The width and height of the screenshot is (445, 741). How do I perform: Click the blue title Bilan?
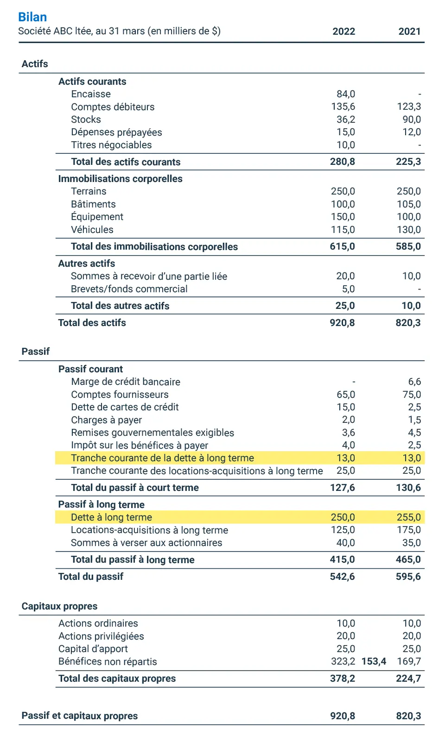pyautogui.click(x=32, y=17)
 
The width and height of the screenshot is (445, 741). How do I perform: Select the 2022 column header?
pyautogui.click(x=343, y=31)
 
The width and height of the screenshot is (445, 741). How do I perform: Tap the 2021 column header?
pyautogui.click(x=409, y=31)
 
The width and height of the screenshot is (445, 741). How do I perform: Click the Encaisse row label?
pyautogui.click(x=91, y=94)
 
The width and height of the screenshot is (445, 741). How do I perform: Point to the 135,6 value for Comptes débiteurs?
pyautogui.click(x=343, y=107)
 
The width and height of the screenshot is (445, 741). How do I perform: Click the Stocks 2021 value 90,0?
pyautogui.click(x=412, y=119)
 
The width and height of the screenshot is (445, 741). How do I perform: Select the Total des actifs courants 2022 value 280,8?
pyautogui.click(x=343, y=162)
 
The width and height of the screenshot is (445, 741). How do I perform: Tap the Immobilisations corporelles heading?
pyautogui.click(x=120, y=179)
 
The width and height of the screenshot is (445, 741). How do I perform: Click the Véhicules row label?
pyautogui.click(x=92, y=230)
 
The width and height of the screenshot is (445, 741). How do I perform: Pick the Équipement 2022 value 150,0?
pyautogui.click(x=343, y=217)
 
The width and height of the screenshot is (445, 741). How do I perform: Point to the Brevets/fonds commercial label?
pyautogui.click(x=129, y=289)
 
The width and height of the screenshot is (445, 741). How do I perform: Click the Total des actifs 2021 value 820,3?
pyautogui.click(x=408, y=323)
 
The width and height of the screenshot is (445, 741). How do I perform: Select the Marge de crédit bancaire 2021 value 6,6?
pyautogui.click(x=414, y=382)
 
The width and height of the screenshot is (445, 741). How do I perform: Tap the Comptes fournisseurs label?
pyautogui.click(x=120, y=395)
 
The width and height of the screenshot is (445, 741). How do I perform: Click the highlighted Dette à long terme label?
pyautogui.click(x=111, y=517)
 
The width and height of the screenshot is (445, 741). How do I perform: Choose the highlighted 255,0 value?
pyautogui.click(x=408, y=517)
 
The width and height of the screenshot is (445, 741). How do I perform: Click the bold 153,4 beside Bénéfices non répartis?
pyautogui.click(x=374, y=661)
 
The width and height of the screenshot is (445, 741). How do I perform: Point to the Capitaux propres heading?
pyautogui.click(x=59, y=606)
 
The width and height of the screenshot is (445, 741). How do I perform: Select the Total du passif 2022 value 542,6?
pyautogui.click(x=342, y=577)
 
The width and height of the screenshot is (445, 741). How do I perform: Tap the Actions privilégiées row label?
pyautogui.click(x=101, y=636)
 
